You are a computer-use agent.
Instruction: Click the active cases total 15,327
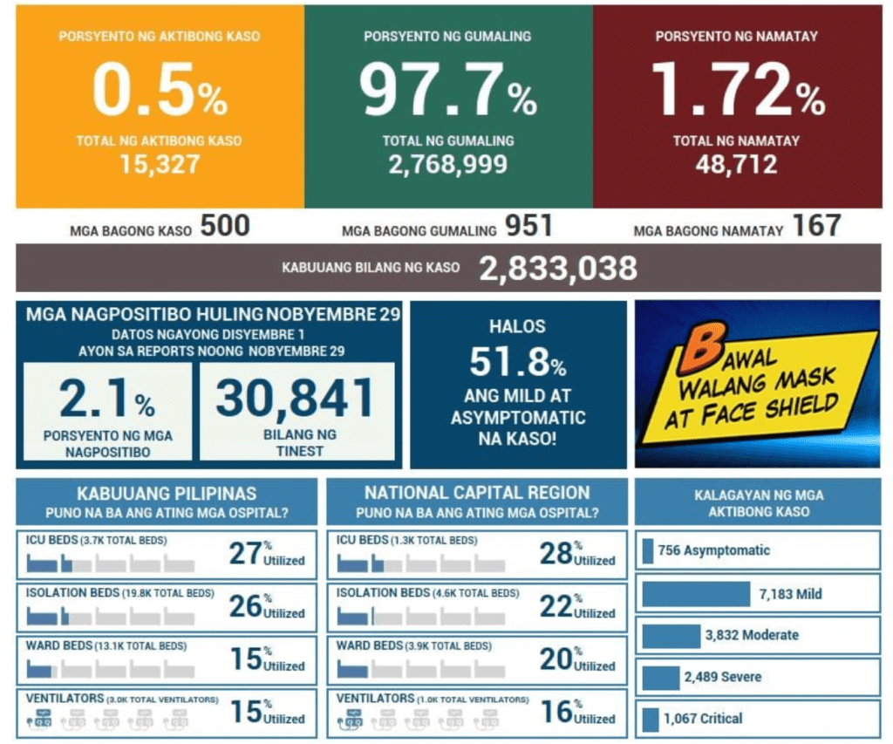pos(160,163)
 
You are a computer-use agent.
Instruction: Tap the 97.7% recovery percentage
pos(448,91)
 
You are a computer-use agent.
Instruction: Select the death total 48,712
pos(736,163)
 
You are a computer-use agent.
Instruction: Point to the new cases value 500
pos(225,227)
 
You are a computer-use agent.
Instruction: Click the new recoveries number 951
pos(528,227)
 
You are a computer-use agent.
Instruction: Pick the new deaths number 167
pos(816,227)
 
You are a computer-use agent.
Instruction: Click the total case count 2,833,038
pos(558,269)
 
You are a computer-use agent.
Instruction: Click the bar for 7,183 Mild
pos(695,594)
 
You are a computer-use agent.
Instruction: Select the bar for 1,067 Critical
pos(650,720)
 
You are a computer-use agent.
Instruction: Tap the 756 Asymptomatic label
pos(713,550)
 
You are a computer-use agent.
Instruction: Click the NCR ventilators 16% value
pos(556,712)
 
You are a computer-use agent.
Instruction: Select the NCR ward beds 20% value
pos(556,659)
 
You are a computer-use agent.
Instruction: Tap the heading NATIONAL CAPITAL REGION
pos(477,493)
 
